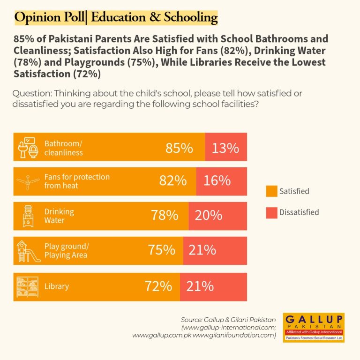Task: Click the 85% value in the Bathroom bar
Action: (179, 148)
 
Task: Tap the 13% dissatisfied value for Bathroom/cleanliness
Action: (225, 148)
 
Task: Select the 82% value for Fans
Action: (173, 180)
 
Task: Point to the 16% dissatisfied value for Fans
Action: (217, 180)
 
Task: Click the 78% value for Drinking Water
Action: (165, 215)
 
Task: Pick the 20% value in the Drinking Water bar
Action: (209, 215)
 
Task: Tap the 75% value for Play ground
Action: (161, 250)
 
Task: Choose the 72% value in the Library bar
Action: (158, 286)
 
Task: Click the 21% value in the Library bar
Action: (200, 286)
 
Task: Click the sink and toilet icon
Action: (28, 148)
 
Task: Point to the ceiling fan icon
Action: (28, 182)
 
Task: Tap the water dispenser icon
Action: (28, 216)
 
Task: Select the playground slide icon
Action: (29, 251)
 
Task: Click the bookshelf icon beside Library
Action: (28, 287)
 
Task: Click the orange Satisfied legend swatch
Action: (271, 191)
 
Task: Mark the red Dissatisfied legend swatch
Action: (271, 213)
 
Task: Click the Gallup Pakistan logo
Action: (314, 328)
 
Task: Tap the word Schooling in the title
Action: (191, 17)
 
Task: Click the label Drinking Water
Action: (59, 216)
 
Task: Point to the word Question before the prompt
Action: (33, 93)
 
